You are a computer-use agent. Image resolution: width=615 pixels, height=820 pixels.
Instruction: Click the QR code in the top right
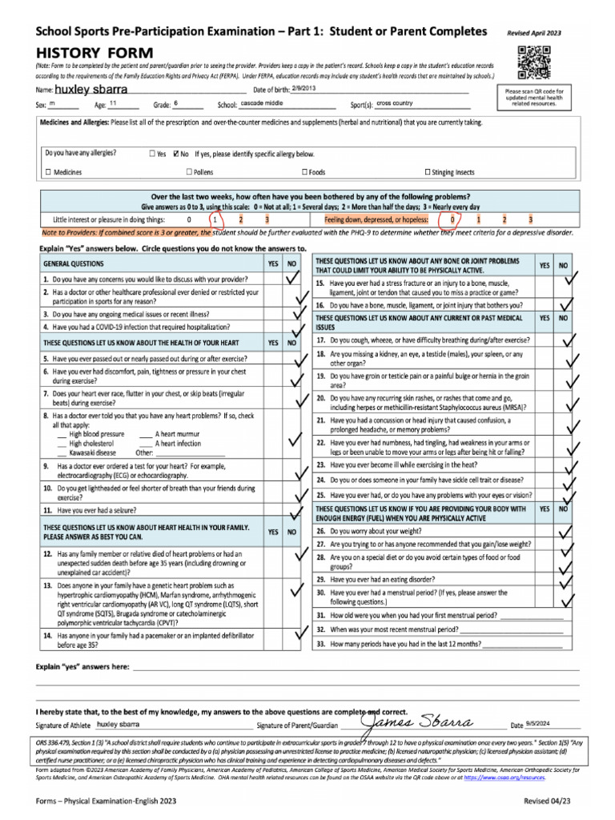pyautogui.click(x=535, y=63)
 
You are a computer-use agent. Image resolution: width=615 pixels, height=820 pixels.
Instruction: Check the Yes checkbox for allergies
pyautogui.click(x=152, y=153)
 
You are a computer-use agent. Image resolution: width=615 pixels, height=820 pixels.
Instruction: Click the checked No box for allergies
pyautogui.click(x=176, y=153)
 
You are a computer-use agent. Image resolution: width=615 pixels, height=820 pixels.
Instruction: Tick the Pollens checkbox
pyautogui.click(x=189, y=172)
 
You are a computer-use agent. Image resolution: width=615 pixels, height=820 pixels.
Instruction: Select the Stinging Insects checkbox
pyautogui.click(x=427, y=172)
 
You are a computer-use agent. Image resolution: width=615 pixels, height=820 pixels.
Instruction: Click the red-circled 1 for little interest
pyautogui.click(x=215, y=219)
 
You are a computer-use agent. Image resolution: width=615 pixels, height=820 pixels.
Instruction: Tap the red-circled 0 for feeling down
pyautogui.click(x=452, y=219)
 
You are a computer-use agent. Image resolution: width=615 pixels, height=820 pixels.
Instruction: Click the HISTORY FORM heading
pyautogui.click(x=76, y=51)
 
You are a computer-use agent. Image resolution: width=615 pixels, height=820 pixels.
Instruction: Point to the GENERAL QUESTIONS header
pyautogui.click(x=73, y=263)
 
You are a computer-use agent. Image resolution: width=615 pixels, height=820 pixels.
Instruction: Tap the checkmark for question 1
pyautogui.click(x=293, y=278)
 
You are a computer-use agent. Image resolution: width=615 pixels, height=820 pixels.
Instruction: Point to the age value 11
pyautogui.click(x=113, y=104)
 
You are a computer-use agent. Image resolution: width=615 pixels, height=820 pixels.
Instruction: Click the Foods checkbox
pyautogui.click(x=304, y=172)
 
